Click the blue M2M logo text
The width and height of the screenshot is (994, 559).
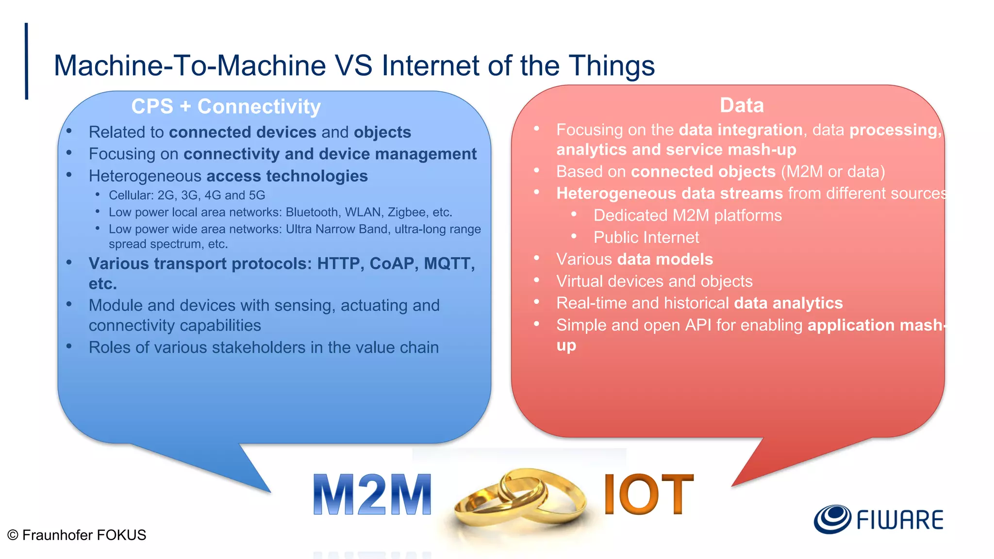(x=372, y=494)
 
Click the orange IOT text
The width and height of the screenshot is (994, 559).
(x=648, y=494)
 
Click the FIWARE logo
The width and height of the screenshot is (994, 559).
(x=878, y=519)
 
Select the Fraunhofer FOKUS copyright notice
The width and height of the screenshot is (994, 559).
(x=77, y=535)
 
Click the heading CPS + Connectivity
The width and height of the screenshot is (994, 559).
(x=226, y=106)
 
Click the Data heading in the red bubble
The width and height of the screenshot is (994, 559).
(x=741, y=105)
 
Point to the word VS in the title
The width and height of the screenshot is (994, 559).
(x=353, y=66)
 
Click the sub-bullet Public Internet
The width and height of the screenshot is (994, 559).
(x=646, y=237)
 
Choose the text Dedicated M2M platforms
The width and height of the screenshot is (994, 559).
(x=687, y=215)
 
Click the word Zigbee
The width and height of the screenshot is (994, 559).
(x=406, y=212)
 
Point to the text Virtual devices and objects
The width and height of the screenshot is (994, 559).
(x=654, y=281)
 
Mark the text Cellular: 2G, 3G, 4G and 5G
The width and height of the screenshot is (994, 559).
(x=187, y=195)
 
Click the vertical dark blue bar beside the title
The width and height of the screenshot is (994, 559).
(x=26, y=61)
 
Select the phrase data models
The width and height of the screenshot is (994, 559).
(x=665, y=259)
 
